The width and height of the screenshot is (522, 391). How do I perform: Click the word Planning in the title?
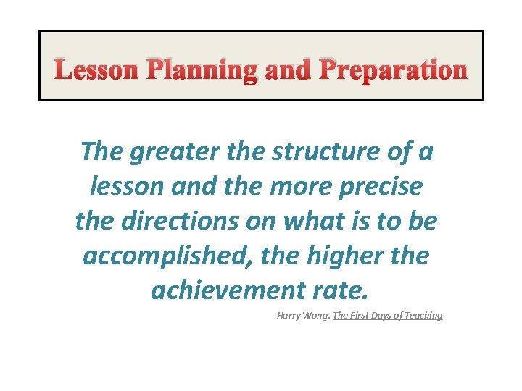click(202, 70)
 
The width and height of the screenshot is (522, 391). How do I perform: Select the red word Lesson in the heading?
click(96, 70)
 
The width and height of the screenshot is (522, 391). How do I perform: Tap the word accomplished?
click(164, 256)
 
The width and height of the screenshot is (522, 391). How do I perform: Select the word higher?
click(345, 256)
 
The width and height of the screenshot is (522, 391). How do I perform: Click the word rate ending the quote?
click(344, 290)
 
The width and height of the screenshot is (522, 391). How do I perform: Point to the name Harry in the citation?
click(289, 316)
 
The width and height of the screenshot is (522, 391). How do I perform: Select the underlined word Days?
click(379, 316)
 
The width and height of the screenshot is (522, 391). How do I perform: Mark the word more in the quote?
click(281, 187)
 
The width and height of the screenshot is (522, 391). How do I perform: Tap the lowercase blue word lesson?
click(124, 187)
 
